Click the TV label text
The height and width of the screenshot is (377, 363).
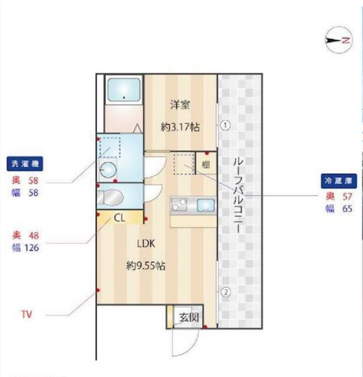coord(26,315)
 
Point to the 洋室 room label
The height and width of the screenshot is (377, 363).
coord(180,104)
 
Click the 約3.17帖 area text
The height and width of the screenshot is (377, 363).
coord(180,127)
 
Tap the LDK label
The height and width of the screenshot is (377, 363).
coord(146,243)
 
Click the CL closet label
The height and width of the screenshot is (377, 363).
coord(120,218)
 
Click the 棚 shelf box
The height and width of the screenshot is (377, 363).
coord(206,164)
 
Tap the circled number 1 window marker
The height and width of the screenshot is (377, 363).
coord(224,125)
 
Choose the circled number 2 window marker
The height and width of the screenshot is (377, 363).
coord(224,291)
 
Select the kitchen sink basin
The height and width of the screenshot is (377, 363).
coord(205,205)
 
